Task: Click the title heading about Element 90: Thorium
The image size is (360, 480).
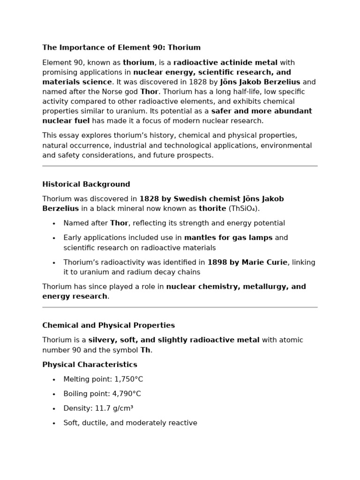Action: point(121,47)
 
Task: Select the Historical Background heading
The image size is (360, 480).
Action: point(86,184)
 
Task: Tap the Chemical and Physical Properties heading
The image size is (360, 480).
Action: point(108,325)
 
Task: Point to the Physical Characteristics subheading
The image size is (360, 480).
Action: point(90,364)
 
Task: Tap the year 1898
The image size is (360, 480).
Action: point(217,262)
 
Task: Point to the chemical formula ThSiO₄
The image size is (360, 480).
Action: point(244,208)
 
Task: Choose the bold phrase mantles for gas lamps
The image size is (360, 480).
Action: point(228,238)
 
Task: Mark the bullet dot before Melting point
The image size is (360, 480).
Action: point(54,380)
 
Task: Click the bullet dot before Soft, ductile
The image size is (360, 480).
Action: point(54,423)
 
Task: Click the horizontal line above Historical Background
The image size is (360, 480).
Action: point(180,166)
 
